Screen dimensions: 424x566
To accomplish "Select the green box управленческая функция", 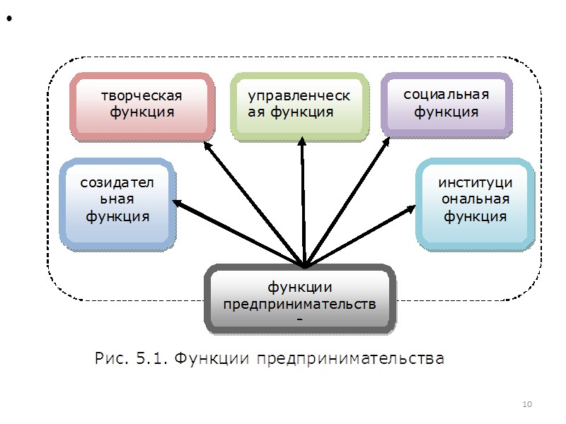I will (300, 105).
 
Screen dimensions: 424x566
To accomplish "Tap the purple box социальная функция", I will (446, 103).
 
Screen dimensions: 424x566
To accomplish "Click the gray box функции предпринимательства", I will (299, 298).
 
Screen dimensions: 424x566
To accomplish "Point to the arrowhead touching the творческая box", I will (207, 146).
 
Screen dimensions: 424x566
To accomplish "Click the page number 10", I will (526, 404).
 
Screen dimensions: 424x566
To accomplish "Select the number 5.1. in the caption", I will (151, 358).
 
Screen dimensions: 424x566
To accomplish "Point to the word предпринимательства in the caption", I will (350, 359).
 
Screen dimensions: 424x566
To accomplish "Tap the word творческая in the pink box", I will (141, 96).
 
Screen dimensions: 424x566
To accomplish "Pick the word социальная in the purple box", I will (446, 95).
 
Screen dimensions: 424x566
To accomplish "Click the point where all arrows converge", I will (304, 267).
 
